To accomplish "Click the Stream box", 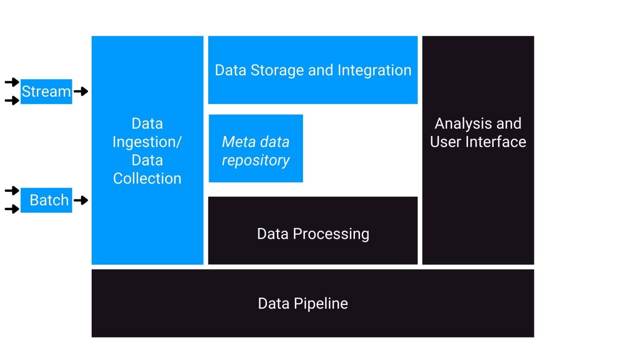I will coord(46,92).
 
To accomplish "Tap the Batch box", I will coord(46,200).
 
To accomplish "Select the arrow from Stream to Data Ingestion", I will coord(81,91).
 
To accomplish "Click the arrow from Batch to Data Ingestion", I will coord(81,200).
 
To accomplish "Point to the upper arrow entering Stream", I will coord(12,82).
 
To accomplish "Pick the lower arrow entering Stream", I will coord(12,100).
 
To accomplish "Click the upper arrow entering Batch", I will coord(12,191).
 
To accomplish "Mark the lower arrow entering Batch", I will coord(12,209).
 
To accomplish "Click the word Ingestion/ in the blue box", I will coord(147,142).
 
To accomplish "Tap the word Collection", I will coord(147,179).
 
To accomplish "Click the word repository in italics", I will coord(255,160).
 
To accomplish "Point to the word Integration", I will coord(374,70).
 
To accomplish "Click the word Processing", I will coord(331,234).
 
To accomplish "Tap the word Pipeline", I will coord(320,304).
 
